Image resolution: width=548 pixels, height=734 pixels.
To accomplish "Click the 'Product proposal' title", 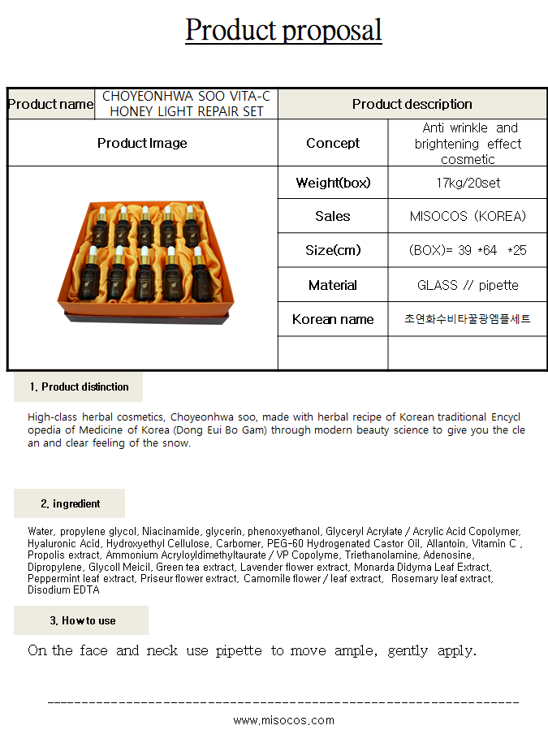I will [283, 31].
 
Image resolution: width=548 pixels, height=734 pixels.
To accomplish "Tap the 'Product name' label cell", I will [50, 104].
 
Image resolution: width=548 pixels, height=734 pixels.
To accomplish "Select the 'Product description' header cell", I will [412, 104].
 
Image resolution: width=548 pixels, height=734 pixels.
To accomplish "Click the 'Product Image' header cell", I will [142, 143].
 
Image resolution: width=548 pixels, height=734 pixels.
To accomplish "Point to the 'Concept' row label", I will [333, 143].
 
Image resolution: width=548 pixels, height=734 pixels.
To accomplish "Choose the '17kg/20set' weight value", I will [468, 183].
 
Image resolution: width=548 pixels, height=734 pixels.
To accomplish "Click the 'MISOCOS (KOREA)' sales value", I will [468, 216].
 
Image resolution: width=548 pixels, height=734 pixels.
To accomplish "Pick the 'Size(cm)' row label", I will [333, 250].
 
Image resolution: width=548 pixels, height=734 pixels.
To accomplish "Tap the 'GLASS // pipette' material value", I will [468, 285].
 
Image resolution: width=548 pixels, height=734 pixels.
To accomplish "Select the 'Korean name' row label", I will [333, 319].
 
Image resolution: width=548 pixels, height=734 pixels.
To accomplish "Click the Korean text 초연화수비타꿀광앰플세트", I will [468, 319].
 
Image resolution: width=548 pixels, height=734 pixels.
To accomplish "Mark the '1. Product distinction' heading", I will [79, 386].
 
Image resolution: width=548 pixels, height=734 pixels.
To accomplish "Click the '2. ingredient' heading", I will [70, 503].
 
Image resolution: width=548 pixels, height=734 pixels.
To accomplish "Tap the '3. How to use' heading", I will [82, 620].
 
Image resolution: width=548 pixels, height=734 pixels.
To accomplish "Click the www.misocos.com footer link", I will [283, 720].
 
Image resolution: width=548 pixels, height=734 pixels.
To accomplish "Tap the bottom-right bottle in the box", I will [199, 274].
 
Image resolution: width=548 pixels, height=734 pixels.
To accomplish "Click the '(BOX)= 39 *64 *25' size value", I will [468, 250].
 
